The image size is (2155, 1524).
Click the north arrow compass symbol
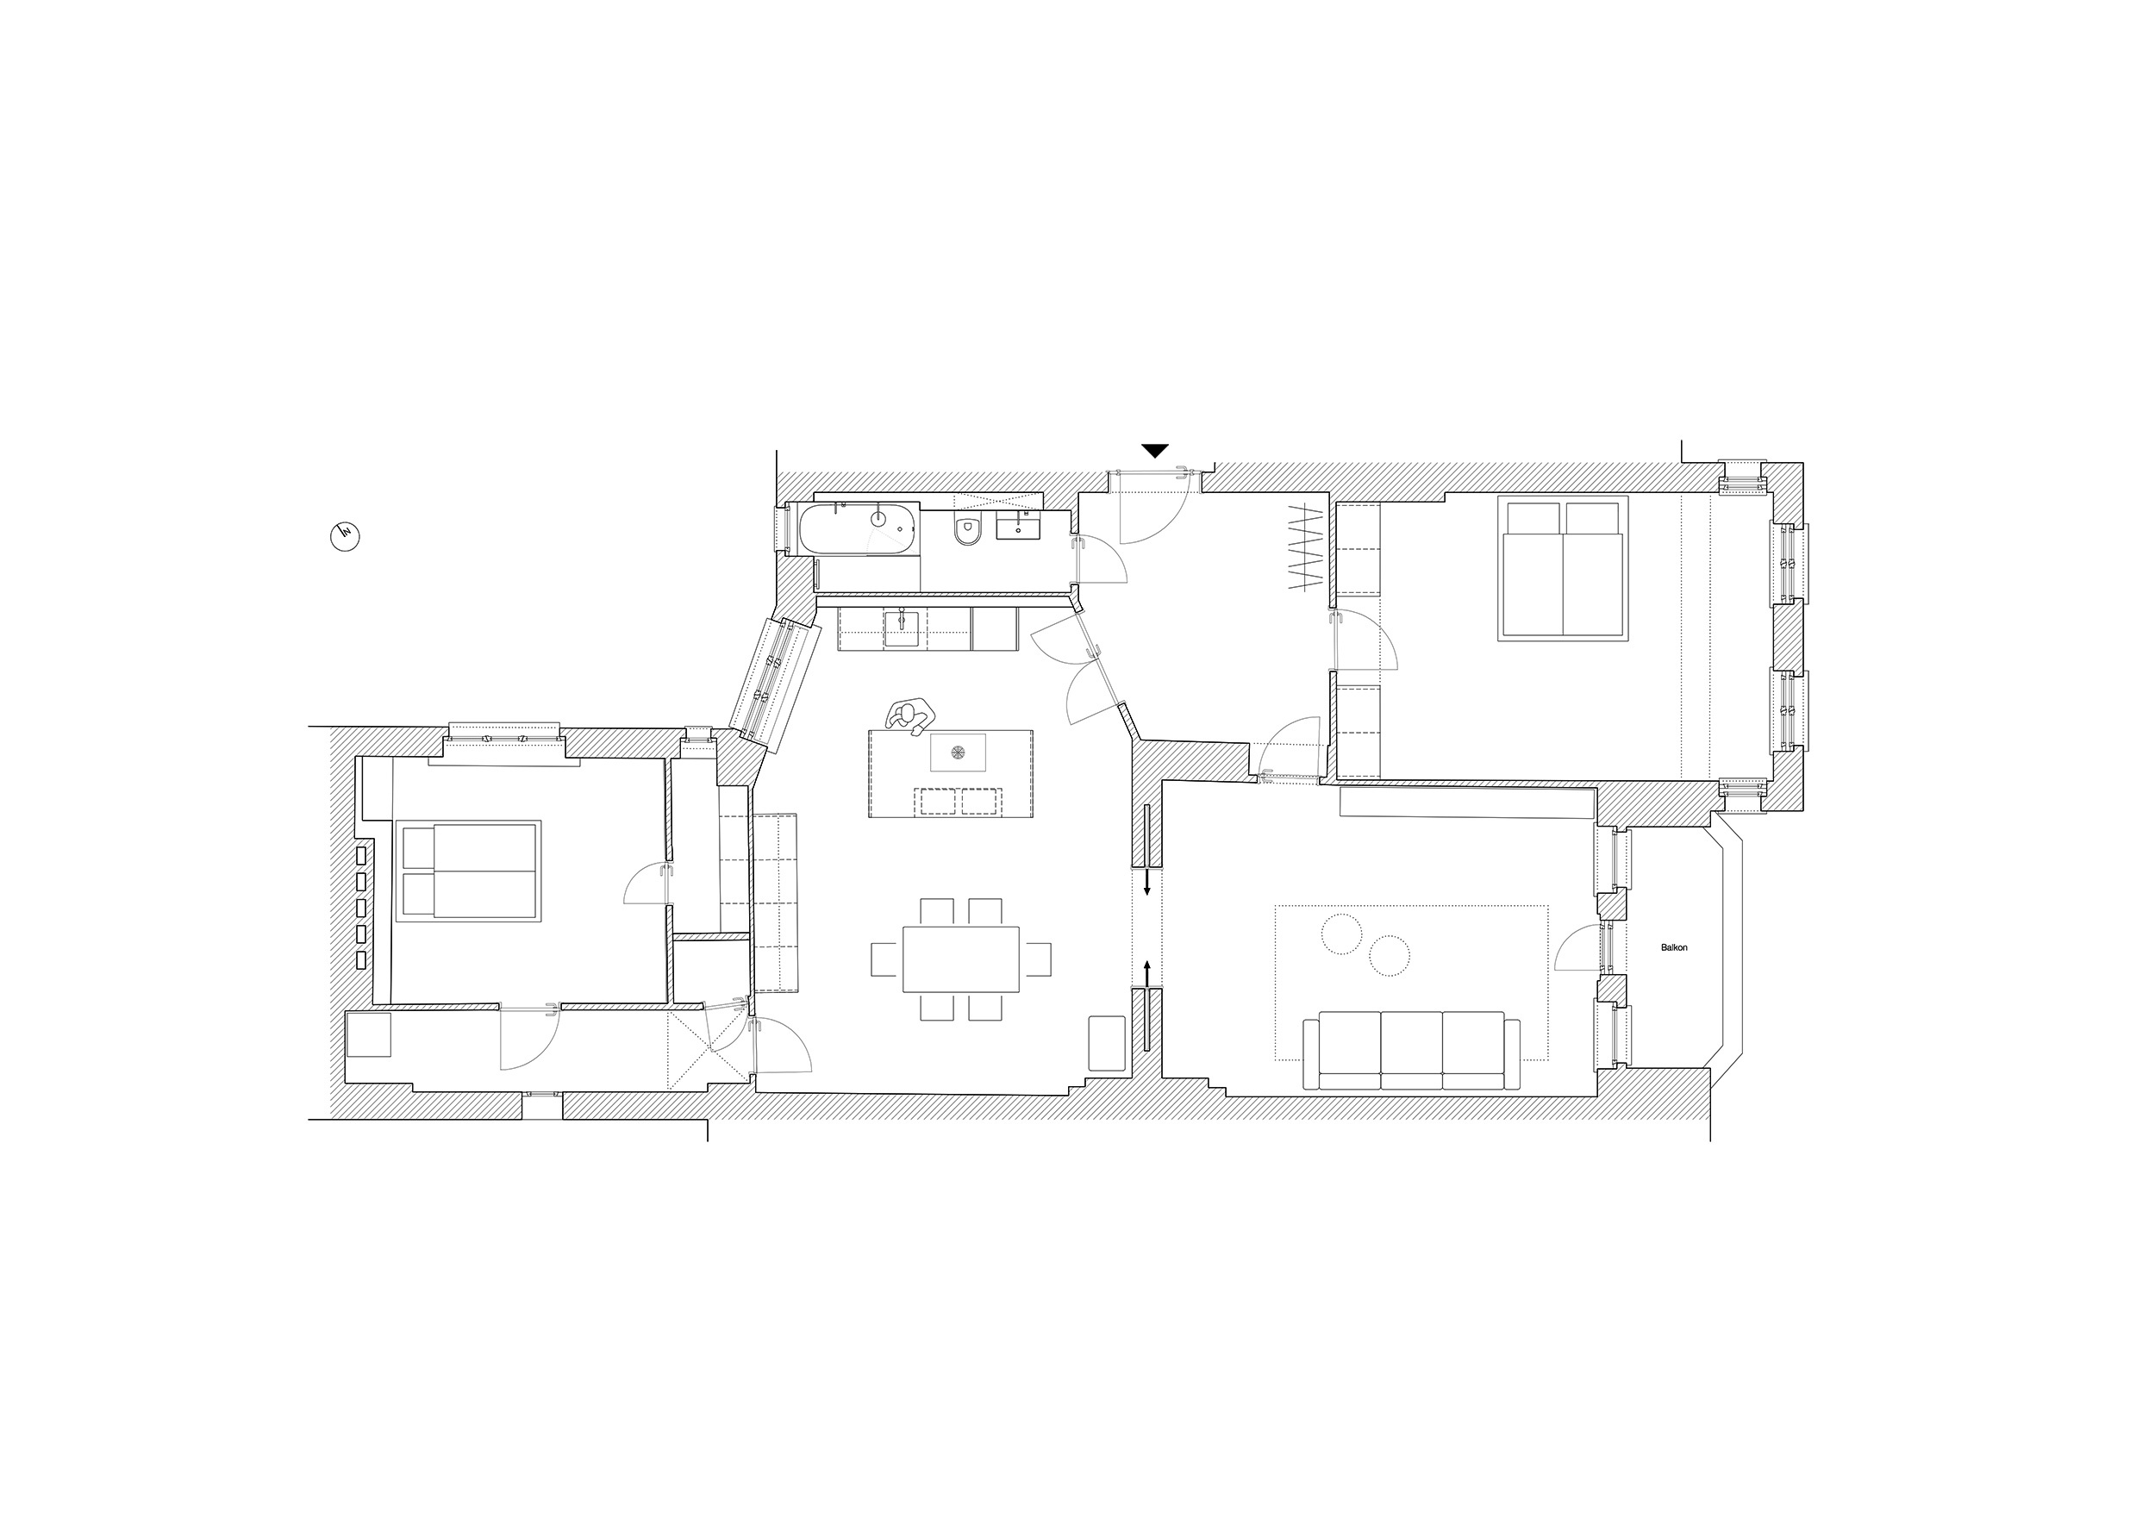pyautogui.click(x=347, y=537)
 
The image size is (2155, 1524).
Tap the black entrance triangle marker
pyautogui.click(x=1155, y=451)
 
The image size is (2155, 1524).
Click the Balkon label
pyautogui.click(x=1673, y=948)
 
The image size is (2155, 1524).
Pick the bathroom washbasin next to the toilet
pyautogui.click(x=1018, y=528)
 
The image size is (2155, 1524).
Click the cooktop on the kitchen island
pyautogui.click(x=959, y=753)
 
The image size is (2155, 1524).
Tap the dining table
pyautogui.click(x=961, y=959)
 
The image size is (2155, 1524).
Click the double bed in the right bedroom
pyautogui.click(x=1563, y=568)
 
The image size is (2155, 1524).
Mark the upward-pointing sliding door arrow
pyautogui.click(x=1147, y=974)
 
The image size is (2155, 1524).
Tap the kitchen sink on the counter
pyautogui.click(x=903, y=628)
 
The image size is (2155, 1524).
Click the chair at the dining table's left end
pyautogui.click(x=886, y=959)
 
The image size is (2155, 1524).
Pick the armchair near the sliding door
pyautogui.click(x=1107, y=1044)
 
